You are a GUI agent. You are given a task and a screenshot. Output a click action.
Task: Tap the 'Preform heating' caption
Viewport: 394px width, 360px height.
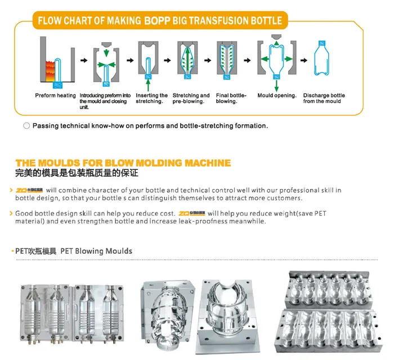[55, 96]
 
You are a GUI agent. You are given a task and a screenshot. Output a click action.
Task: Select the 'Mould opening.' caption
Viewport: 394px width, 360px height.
[277, 96]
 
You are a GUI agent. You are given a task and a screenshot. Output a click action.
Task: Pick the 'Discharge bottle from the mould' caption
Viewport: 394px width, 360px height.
[324, 98]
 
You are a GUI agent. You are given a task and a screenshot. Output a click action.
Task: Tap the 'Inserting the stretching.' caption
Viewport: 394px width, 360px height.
[151, 98]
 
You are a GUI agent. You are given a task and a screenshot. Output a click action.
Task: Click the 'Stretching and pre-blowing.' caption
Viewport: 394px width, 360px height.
[191, 98]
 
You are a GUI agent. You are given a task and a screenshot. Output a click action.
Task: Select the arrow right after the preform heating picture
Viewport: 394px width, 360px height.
[84, 60]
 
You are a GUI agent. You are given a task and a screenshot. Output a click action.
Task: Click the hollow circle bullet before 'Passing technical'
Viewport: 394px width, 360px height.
[26, 126]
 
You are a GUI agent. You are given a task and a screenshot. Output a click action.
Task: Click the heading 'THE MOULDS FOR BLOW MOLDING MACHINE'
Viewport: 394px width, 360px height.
[123, 163]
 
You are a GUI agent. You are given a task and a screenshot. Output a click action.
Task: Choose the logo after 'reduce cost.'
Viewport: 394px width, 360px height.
[191, 214]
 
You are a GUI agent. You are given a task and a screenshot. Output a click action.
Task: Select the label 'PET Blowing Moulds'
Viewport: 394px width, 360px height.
[96, 251]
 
